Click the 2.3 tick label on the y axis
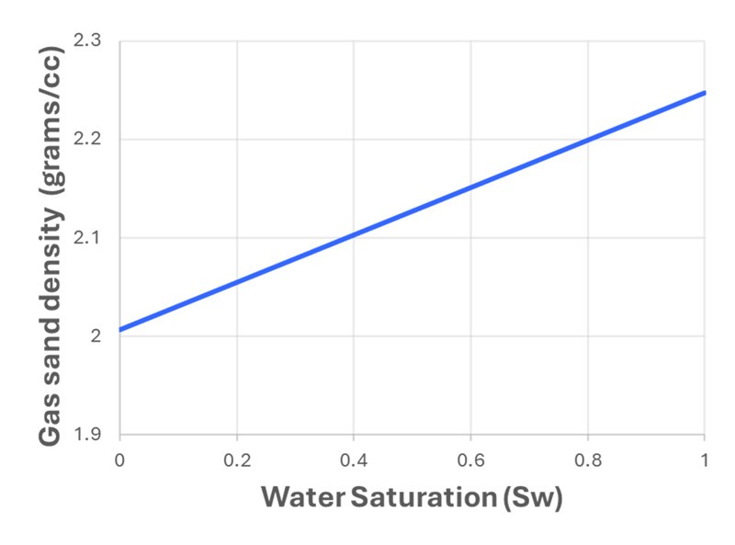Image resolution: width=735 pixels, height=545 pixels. (96, 42)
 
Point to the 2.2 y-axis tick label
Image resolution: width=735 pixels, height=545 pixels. (96, 140)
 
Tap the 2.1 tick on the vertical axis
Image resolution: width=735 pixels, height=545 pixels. (96, 238)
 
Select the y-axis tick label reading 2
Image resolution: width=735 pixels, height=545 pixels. (103, 336)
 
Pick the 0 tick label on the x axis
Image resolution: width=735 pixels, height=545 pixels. (119, 458)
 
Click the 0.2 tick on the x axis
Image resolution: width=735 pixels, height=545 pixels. (237, 458)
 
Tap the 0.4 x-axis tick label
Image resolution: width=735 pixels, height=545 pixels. (354, 458)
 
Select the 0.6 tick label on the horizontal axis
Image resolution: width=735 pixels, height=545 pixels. (470, 458)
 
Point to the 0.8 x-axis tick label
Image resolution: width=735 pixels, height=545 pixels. (588, 458)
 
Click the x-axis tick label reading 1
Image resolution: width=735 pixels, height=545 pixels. (705, 458)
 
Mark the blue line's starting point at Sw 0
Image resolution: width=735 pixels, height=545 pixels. (120, 329)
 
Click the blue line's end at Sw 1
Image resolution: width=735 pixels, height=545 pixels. (705, 93)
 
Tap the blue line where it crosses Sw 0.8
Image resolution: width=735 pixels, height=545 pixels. (588, 140)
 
